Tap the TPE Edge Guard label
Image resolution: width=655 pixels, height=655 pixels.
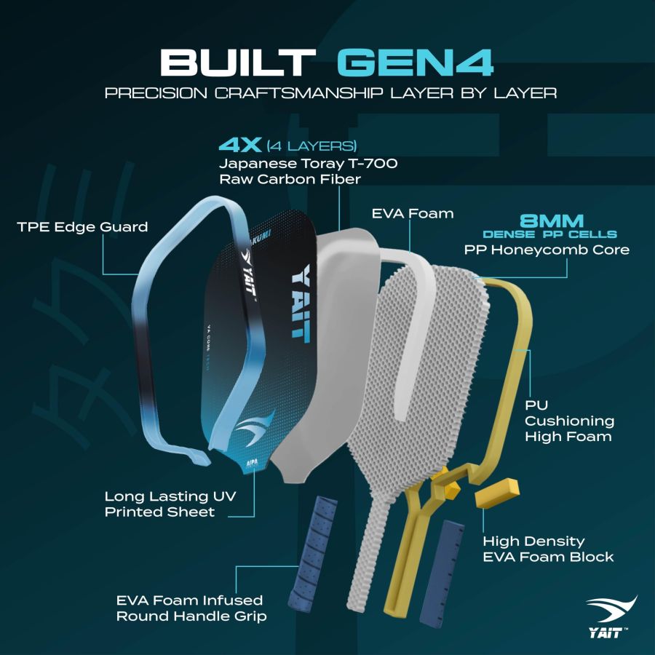pos(82,227)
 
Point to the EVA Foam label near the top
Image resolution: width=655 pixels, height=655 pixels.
pos(412,213)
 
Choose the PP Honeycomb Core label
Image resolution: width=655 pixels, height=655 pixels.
pos(547,250)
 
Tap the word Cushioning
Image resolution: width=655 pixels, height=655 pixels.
pos(570,421)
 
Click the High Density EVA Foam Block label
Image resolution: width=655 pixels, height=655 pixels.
pos(549,549)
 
